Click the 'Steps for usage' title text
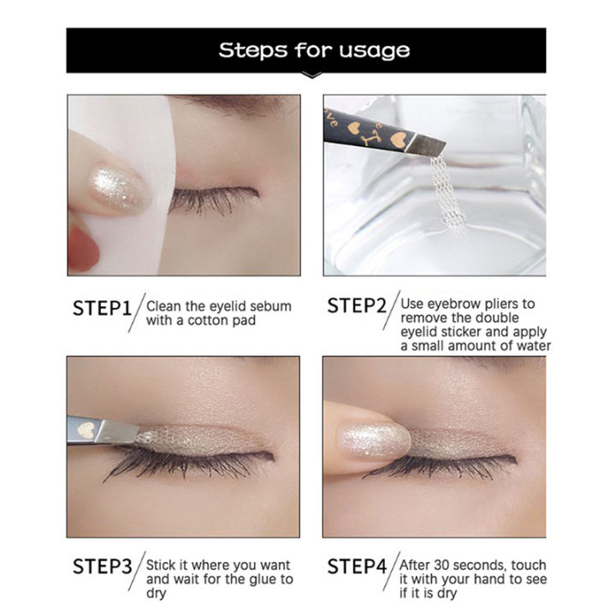tap(314, 50)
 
